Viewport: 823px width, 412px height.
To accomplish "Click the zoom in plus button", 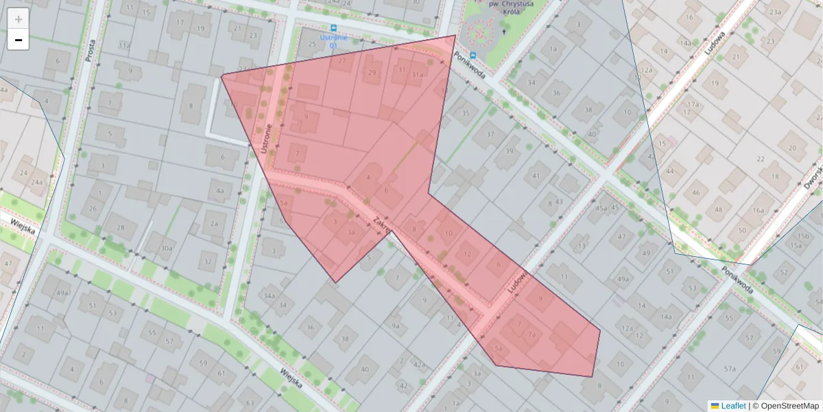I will click(19, 19).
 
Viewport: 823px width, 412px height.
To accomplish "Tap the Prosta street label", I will click(90, 49).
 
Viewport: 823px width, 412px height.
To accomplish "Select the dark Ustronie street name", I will click(269, 138).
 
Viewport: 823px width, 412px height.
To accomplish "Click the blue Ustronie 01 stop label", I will click(333, 41).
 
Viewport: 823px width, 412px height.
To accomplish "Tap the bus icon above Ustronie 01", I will click(333, 28).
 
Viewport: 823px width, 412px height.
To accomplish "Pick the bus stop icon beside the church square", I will click(473, 55).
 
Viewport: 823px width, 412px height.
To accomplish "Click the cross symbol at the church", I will click(504, 30).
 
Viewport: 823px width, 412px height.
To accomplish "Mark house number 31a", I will click(417, 74).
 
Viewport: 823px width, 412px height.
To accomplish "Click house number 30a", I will click(167, 249).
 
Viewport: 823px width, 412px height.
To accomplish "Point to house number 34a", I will click(269, 297).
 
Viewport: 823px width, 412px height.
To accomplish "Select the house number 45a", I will click(601, 208).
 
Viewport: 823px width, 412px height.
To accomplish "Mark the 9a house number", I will click(394, 325).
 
